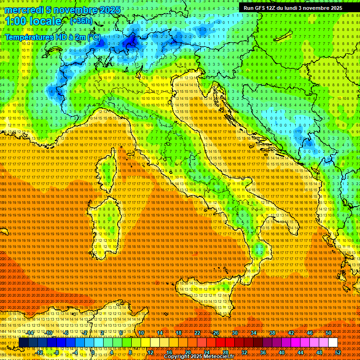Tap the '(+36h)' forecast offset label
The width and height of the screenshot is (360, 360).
point(81,21)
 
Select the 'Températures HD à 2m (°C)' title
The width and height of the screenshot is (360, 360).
point(52,37)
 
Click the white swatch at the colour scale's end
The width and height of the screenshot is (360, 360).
point(333,343)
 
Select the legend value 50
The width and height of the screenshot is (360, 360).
point(329,333)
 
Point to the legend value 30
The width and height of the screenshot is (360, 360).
point(235,333)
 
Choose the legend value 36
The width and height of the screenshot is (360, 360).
point(262,352)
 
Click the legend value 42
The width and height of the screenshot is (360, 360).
point(291,333)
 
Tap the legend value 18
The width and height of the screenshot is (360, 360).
point(179,333)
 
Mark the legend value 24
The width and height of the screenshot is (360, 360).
point(207,352)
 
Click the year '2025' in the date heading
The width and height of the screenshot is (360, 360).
point(109,10)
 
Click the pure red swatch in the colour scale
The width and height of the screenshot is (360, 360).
point(220,343)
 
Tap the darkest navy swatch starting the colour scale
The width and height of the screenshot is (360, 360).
point(23,343)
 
